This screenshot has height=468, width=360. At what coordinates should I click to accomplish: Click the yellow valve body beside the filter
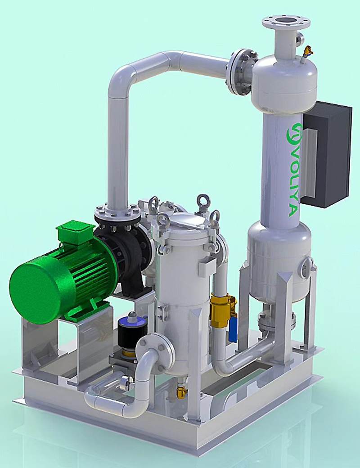(x=222, y=310)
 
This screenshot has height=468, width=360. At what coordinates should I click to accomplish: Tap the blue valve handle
(x=233, y=329)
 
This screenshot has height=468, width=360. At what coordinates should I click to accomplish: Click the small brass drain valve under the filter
(x=182, y=391)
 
